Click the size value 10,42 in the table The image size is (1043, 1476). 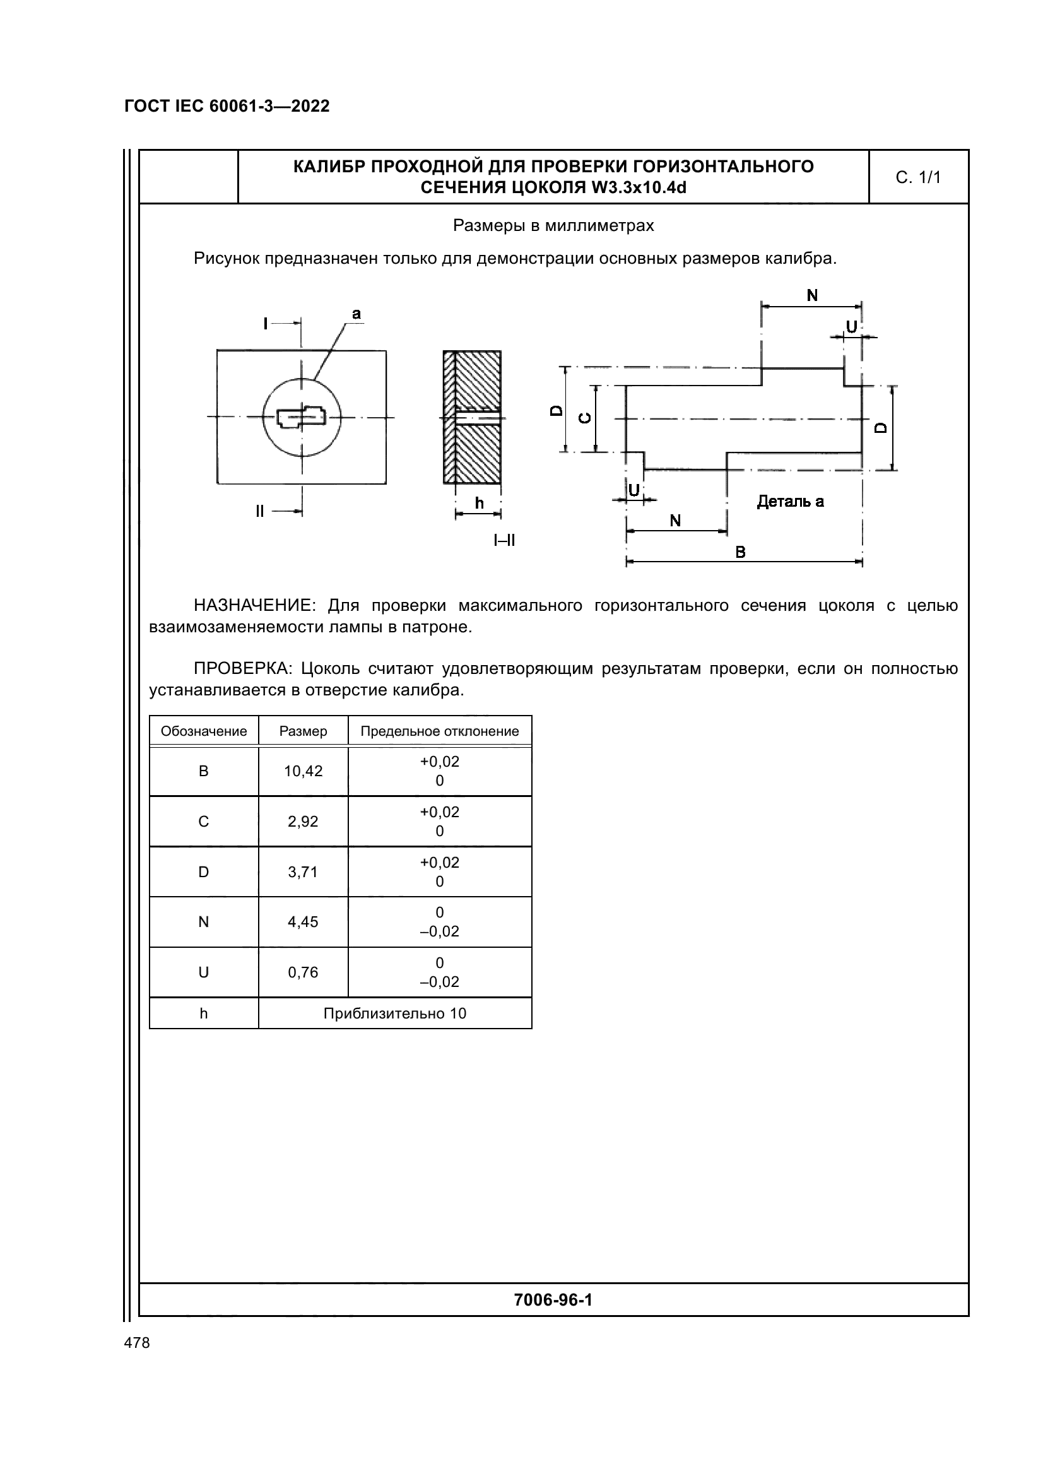coord(303,771)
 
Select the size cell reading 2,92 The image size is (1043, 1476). coord(303,822)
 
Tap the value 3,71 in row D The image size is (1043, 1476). coord(303,871)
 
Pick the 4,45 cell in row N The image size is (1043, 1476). coord(303,922)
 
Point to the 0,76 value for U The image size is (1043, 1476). coord(303,972)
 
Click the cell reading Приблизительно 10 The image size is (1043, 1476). coord(394,1014)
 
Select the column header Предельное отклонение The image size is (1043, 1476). coord(440,731)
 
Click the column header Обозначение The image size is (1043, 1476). coord(204,731)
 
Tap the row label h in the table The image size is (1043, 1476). coord(204,1014)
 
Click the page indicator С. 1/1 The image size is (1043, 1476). coord(918,177)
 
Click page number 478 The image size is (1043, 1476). coord(137,1343)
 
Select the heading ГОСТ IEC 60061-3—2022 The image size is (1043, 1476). coord(227,106)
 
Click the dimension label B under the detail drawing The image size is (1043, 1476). coord(740,552)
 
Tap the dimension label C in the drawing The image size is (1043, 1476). coord(586,418)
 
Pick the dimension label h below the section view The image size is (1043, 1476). coord(479,504)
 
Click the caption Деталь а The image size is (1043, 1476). coord(791,502)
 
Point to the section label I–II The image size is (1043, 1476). coord(505,540)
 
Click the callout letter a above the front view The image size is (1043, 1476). coord(356,314)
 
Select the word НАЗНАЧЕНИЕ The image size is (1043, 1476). coord(252,606)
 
